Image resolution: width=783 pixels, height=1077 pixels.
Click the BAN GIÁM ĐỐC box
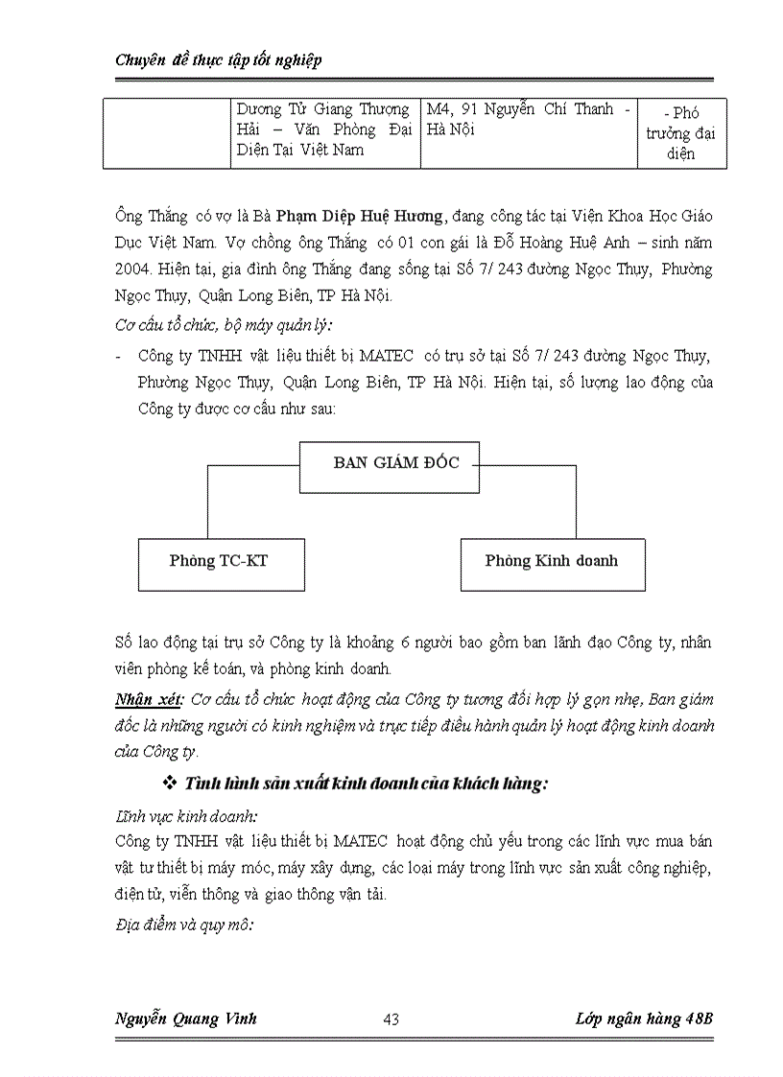[390, 466]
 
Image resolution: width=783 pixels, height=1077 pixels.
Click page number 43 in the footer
[391, 1019]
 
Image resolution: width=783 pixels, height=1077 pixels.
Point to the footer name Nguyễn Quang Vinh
[185, 1018]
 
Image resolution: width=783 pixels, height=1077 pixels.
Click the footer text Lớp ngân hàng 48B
[638, 1018]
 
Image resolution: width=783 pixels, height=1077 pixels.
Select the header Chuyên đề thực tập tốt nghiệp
[218, 60]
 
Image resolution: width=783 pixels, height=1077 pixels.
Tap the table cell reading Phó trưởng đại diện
[681, 133]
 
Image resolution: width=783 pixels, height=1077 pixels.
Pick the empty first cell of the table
[167, 133]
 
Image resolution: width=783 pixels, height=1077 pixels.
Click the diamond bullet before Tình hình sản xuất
[172, 784]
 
